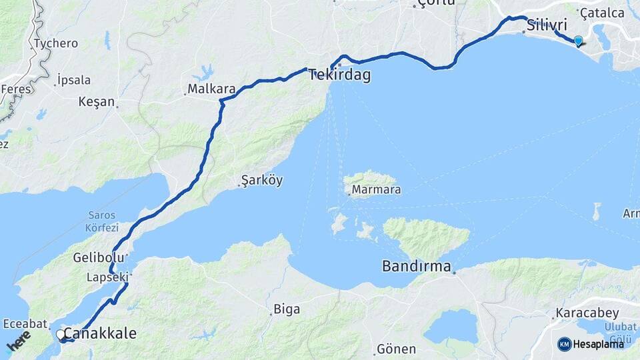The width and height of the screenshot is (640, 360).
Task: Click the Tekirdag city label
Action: pyautogui.click(x=339, y=75)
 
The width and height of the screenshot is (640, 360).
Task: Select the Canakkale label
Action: pyautogui.click(x=101, y=333)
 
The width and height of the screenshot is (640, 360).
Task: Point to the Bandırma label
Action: pyautogui.click(x=417, y=266)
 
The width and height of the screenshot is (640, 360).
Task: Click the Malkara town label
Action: pyautogui.click(x=211, y=88)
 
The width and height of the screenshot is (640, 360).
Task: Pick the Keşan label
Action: pyautogui.click(x=97, y=103)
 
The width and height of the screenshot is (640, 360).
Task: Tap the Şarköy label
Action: pyautogui.click(x=262, y=181)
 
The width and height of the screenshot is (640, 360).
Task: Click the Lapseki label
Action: pyautogui.click(x=107, y=276)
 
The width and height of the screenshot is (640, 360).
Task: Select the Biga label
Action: pyautogui.click(x=287, y=309)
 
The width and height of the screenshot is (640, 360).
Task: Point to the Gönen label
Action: pyautogui.click(x=396, y=349)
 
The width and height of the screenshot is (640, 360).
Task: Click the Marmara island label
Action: pyautogui.click(x=376, y=190)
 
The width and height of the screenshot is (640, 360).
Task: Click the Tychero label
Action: pyautogui.click(x=56, y=43)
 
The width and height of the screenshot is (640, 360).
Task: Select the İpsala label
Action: pyautogui.click(x=74, y=80)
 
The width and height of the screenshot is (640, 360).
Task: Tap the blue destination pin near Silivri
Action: pyautogui.click(x=578, y=41)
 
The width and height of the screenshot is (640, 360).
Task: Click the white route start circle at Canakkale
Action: pyautogui.click(x=61, y=334)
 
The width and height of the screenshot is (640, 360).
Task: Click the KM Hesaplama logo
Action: pyautogui.click(x=591, y=344)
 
